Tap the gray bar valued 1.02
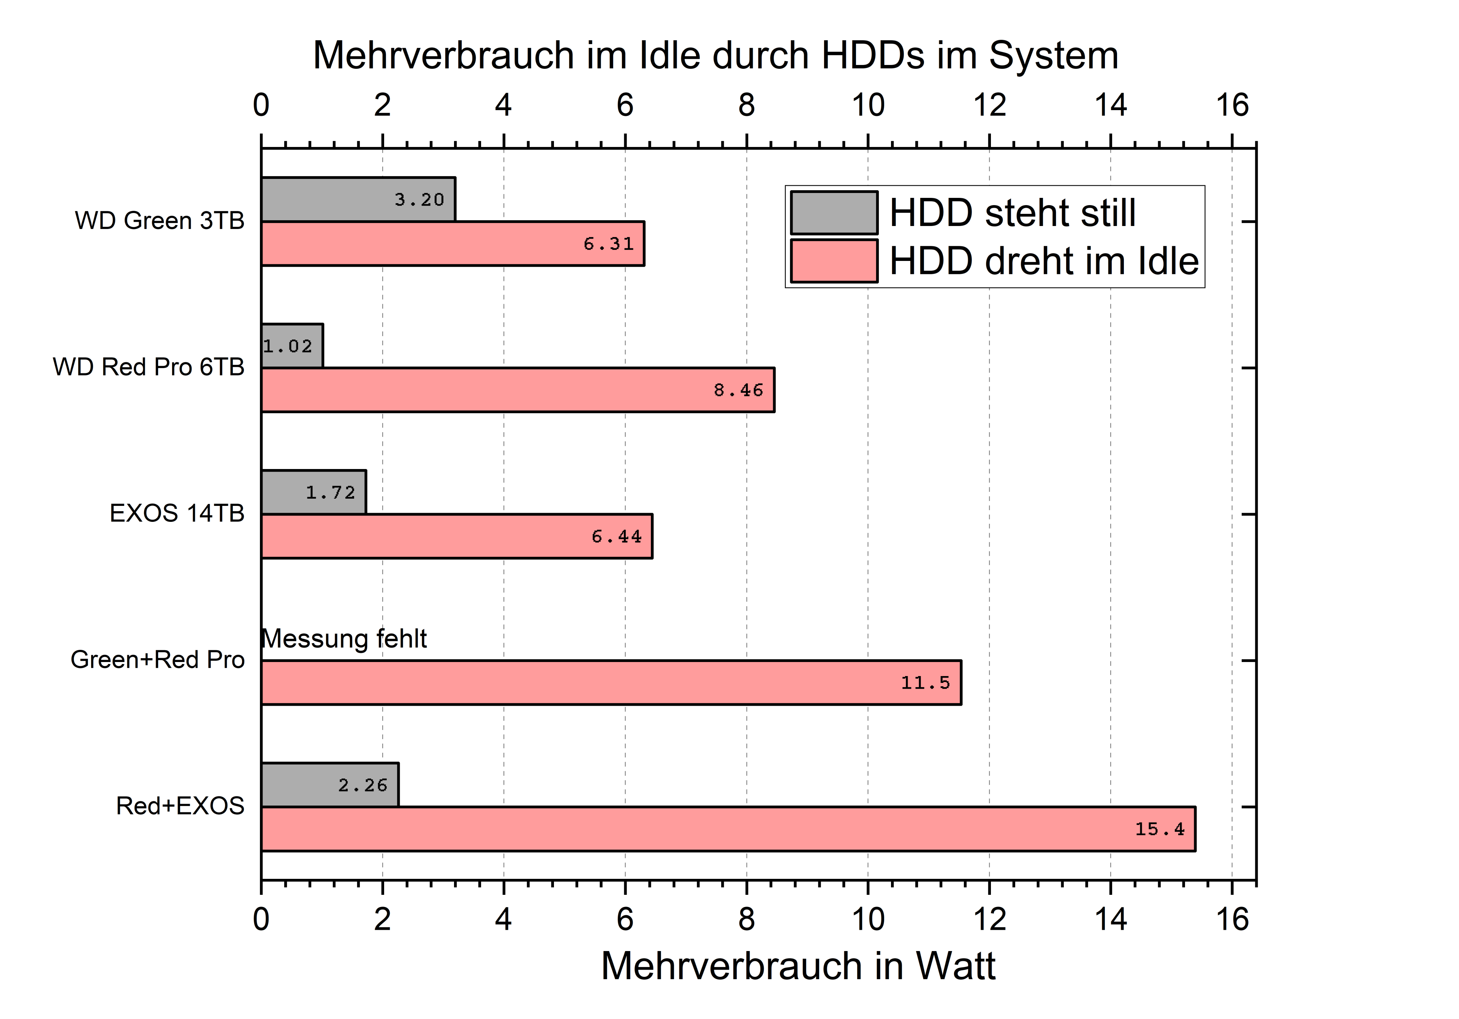(292, 346)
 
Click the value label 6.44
(616, 537)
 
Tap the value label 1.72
(331, 492)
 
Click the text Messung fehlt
(344, 638)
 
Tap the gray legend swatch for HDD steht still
(834, 213)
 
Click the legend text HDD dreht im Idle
(1043, 261)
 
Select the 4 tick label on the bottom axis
(503, 919)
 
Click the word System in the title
(1054, 55)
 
